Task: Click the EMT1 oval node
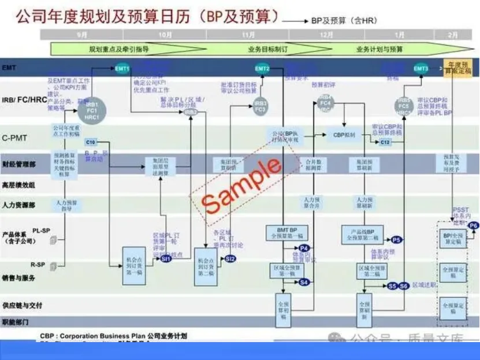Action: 122,69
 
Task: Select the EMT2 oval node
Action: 262,69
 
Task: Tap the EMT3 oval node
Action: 421,69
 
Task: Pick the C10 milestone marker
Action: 91,142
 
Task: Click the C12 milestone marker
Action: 385,142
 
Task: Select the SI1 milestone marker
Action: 166,259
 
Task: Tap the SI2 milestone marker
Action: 230,258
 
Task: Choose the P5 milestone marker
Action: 396,239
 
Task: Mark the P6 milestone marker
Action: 474,225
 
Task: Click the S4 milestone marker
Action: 304,282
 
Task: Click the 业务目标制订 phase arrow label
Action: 267,49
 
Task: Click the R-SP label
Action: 38,264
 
